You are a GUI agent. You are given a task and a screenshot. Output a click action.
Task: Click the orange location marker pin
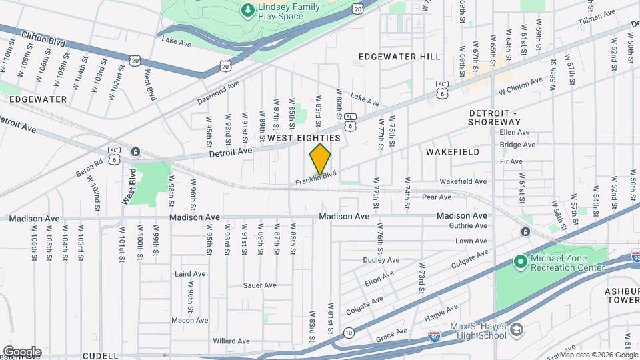[320, 159]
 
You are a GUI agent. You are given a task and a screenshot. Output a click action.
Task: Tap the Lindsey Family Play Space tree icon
[247, 10]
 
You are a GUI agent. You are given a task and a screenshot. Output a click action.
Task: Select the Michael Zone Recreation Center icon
[521, 262]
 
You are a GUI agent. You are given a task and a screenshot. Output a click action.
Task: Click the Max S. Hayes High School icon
[516, 329]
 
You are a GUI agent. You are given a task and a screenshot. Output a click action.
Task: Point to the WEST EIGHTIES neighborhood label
[304, 137]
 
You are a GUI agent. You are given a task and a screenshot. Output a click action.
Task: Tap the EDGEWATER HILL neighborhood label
[399, 57]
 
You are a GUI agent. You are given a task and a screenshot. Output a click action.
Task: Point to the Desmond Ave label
[218, 94]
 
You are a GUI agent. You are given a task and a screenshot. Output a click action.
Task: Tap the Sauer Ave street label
[260, 285]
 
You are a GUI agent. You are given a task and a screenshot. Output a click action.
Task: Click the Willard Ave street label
[231, 341]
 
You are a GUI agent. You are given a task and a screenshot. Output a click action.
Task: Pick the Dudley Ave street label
[381, 260]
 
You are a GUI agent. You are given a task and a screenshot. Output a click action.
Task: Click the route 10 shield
[349, 332]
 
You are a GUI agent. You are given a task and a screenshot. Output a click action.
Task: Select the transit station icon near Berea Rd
[135, 152]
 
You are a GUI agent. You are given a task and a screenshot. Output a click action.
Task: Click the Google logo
[22, 351]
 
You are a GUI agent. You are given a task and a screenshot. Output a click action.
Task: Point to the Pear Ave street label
[437, 197]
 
